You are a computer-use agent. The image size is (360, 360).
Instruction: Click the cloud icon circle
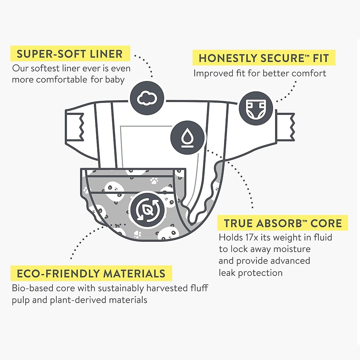147,98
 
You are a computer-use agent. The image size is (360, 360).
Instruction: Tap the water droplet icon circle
188,137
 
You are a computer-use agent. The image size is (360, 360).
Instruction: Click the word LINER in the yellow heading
106,54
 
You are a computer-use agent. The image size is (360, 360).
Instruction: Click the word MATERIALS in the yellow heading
134,274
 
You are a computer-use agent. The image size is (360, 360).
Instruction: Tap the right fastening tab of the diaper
286,127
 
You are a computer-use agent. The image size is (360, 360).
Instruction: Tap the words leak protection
250,273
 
